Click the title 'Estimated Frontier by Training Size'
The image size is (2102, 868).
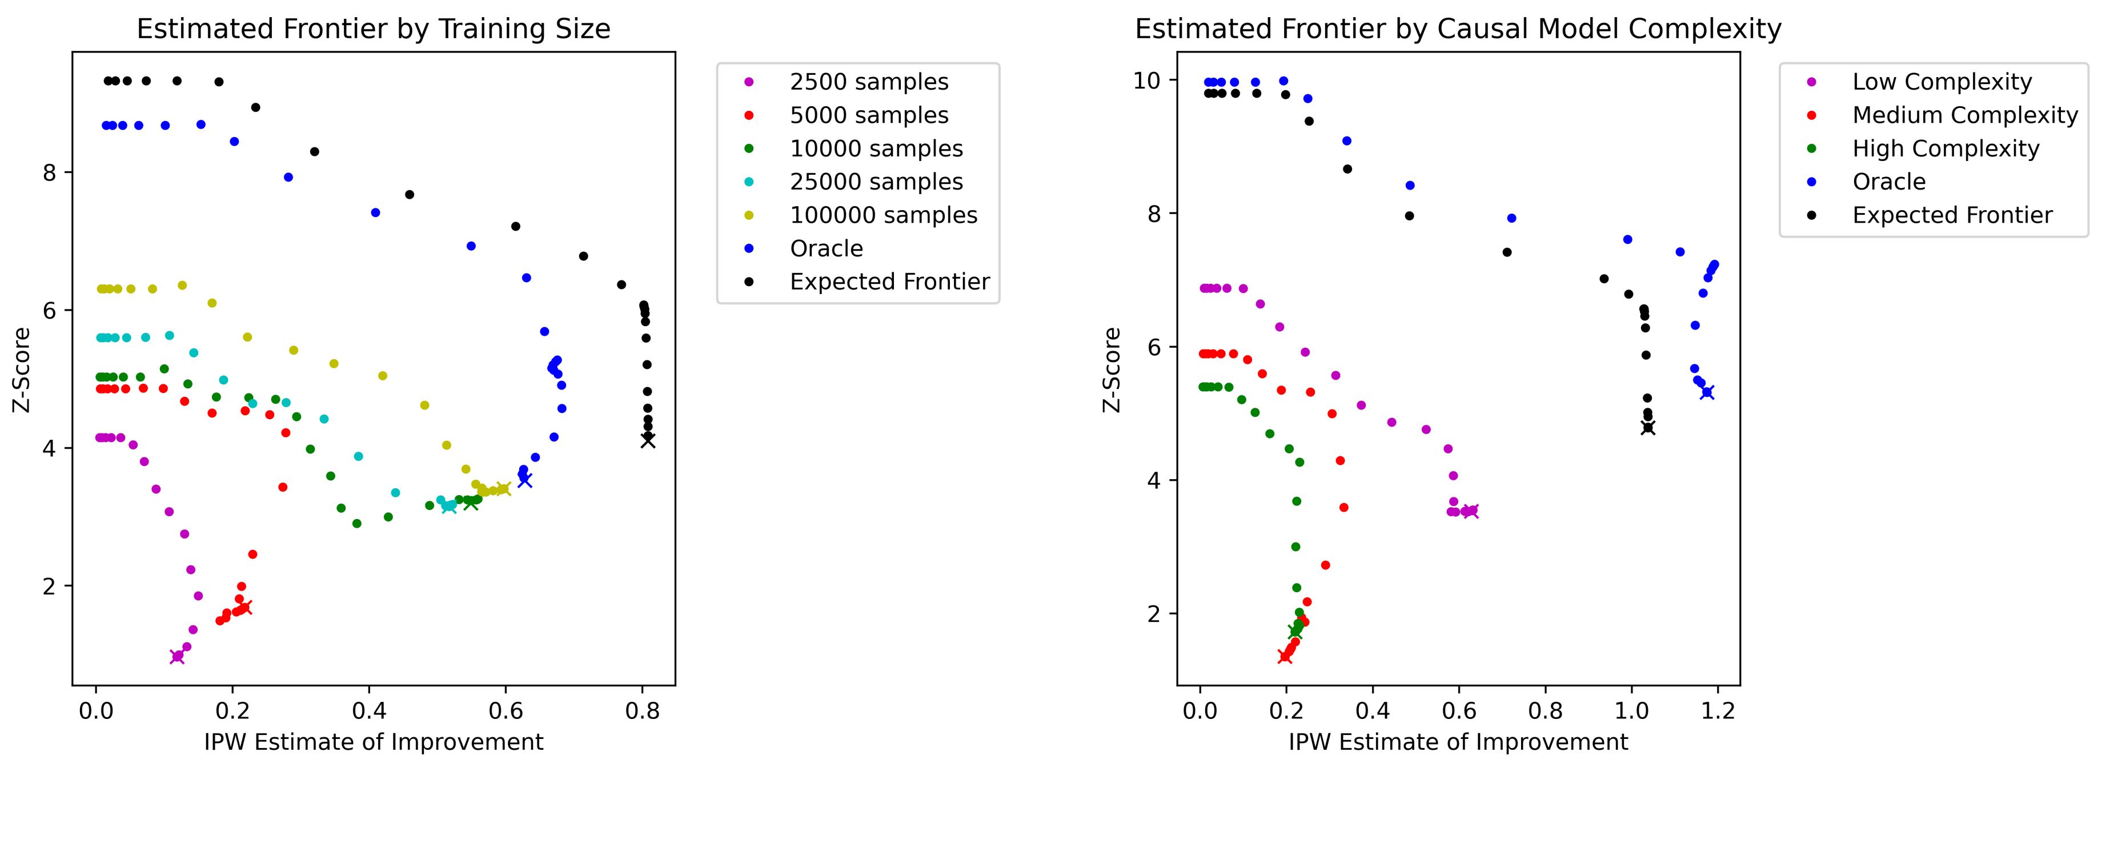tap(373, 29)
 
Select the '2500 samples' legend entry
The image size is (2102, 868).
tap(868, 82)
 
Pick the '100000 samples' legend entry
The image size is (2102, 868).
tap(883, 215)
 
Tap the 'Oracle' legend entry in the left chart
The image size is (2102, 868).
tap(826, 249)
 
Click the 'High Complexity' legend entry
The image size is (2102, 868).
tap(1945, 149)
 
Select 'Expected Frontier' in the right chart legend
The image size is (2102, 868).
tap(1952, 215)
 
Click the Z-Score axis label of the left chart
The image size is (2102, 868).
tap(22, 369)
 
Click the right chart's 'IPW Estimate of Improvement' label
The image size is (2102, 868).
tap(1458, 742)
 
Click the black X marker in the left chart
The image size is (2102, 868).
tap(648, 440)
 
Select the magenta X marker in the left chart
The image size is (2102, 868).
tap(177, 657)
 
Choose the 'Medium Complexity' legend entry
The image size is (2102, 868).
tap(1964, 116)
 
